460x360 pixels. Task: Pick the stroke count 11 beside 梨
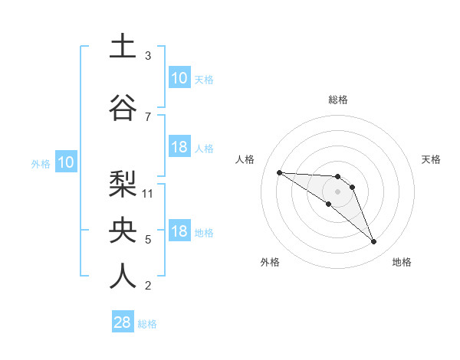[148, 193]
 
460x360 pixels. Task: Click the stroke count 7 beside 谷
[148, 116]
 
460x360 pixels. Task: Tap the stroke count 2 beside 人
[148, 286]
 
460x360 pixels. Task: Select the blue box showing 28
[123, 322]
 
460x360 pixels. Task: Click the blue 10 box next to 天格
[179, 78]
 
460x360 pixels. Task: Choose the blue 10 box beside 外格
[66, 162]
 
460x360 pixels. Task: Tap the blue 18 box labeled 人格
[179, 147]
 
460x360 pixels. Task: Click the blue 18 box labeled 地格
[179, 232]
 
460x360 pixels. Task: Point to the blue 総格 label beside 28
[148, 324]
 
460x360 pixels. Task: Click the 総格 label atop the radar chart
[338, 100]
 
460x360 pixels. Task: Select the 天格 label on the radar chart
[432, 159]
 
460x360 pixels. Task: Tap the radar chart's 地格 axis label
[402, 262]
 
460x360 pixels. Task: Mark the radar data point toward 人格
[279, 172]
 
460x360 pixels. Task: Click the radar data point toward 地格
[374, 242]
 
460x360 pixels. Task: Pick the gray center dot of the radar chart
[338, 191]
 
